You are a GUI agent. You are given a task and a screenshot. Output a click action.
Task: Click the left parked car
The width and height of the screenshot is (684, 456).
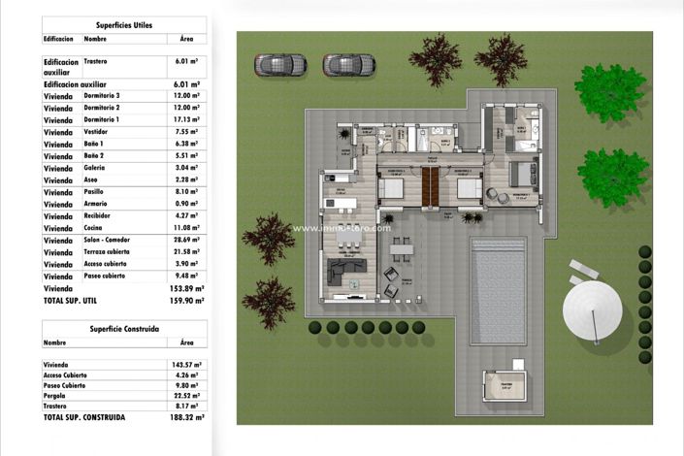tap(280, 65)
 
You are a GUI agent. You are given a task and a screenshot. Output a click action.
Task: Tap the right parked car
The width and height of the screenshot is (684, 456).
tap(348, 65)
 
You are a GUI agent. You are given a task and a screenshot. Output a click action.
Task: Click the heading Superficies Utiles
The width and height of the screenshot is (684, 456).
tap(124, 24)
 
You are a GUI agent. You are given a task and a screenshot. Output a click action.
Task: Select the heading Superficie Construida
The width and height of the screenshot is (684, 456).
tap(124, 327)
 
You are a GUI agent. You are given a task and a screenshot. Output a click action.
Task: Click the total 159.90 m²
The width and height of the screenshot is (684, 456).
tap(186, 301)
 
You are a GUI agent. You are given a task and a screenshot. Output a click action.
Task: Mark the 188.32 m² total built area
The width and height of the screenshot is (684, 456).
tap(186, 417)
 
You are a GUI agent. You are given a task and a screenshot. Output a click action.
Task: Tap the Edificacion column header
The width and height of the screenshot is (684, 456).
tap(59, 40)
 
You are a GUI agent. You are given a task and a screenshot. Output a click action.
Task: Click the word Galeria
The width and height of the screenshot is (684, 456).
tap(96, 167)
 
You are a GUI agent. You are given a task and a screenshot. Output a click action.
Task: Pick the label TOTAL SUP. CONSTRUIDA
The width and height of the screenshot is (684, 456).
tap(84, 417)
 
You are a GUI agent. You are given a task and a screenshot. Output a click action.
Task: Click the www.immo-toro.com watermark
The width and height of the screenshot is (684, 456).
tap(342, 228)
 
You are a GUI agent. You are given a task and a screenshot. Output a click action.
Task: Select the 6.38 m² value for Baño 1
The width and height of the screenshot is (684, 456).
tap(186, 143)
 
